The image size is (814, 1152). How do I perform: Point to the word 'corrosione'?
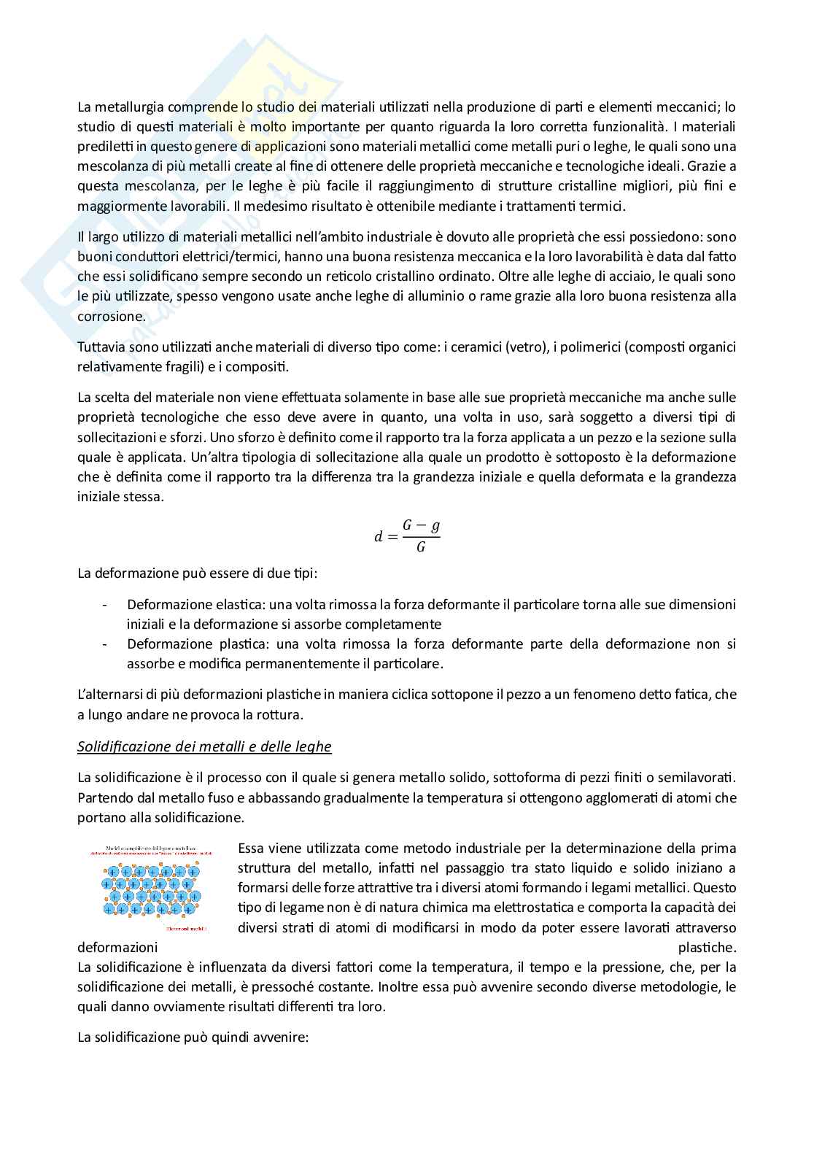[x=110, y=316]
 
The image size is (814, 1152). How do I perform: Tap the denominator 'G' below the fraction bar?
[x=421, y=547]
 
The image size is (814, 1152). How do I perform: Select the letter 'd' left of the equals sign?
[x=378, y=537]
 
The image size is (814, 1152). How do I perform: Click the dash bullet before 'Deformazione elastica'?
[x=106, y=605]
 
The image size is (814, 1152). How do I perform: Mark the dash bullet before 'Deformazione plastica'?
[x=106, y=644]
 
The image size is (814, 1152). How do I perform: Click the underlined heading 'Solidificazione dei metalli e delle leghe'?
[x=204, y=746]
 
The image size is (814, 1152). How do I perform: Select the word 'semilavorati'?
[x=699, y=778]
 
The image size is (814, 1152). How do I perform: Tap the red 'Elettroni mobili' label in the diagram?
[x=186, y=929]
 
